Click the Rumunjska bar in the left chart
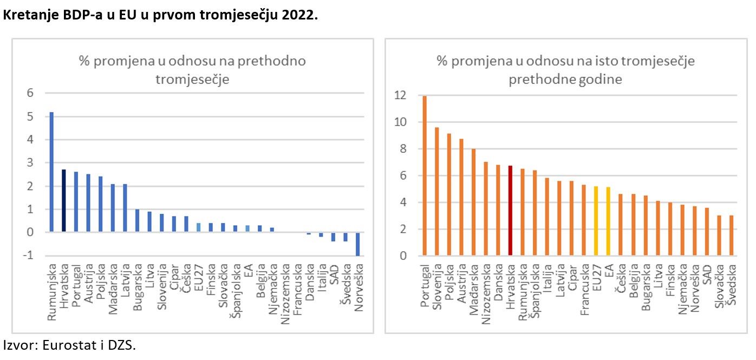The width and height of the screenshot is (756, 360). [52, 172]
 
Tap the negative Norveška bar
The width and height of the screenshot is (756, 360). [358, 244]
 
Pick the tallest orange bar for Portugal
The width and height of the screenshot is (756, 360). [425, 175]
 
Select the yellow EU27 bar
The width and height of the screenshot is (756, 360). [596, 220]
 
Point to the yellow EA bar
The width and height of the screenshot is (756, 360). [608, 221]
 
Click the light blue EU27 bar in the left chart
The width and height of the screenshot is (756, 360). [198, 227]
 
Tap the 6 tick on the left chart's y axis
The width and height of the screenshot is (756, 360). [30, 93]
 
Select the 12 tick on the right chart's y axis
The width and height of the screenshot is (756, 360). [400, 96]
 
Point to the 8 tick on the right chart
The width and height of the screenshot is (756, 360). [403, 149]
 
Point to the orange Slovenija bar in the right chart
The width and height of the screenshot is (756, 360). [436, 191]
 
